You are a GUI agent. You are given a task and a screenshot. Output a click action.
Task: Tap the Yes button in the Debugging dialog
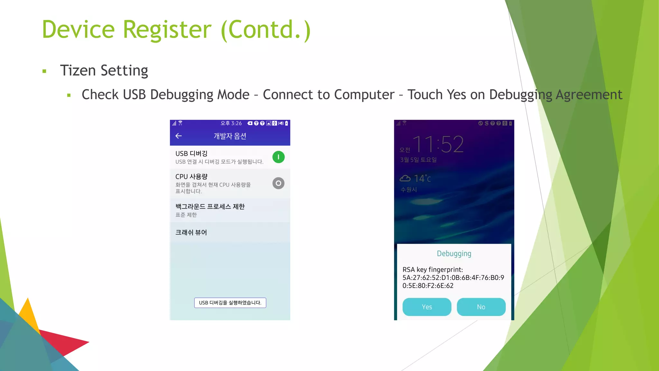coord(427,307)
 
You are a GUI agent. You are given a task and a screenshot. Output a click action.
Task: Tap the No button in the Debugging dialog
coord(481,307)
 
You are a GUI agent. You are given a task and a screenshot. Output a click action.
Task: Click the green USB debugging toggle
coord(278,157)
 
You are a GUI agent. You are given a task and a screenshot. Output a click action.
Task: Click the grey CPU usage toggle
coord(278,183)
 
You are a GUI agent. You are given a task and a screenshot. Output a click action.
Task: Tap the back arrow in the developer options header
coord(179,136)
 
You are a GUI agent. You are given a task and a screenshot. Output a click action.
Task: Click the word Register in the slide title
coord(167,30)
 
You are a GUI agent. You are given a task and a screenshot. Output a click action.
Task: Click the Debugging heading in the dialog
coord(454,253)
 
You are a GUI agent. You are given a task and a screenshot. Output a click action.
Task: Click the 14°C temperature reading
coord(422,178)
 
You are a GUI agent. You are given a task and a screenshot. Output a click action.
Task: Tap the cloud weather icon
coord(405,178)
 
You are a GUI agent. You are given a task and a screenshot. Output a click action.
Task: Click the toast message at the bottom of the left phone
coord(230,303)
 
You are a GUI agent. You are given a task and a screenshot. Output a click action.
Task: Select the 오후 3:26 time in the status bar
coord(231,123)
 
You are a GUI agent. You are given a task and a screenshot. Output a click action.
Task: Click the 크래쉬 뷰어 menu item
coord(191,233)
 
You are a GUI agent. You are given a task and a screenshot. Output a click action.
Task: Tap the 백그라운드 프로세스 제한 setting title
coord(210,206)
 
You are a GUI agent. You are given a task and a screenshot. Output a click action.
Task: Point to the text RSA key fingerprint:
coord(432,270)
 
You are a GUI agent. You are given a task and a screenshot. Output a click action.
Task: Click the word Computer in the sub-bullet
coord(364,95)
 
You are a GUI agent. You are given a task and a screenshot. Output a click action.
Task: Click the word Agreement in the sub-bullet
coord(589,95)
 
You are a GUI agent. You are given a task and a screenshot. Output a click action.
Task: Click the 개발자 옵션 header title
coord(230,136)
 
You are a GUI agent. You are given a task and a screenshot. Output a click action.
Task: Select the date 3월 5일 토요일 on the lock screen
coord(418,160)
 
